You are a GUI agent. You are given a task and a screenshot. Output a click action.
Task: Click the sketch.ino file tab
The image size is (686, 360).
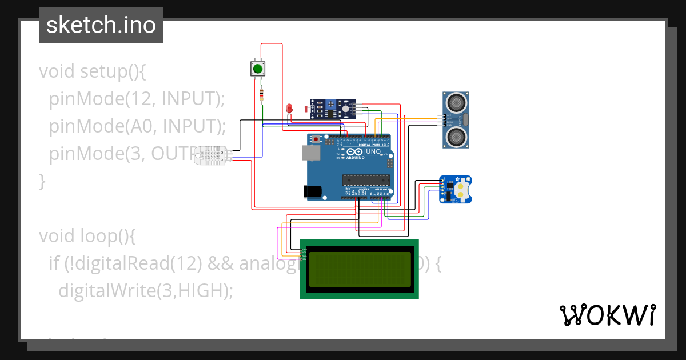tap(101, 25)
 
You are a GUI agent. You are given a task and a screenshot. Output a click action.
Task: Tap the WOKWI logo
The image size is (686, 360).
tap(607, 315)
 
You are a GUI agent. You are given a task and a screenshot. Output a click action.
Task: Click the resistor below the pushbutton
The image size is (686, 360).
tap(262, 95)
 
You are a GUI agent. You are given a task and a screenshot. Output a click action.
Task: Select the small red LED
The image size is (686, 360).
tap(289, 108)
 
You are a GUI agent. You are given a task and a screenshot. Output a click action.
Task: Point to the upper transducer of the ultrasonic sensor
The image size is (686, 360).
tap(456, 102)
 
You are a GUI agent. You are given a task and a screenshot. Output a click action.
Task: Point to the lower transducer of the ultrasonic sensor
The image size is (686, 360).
tap(456, 136)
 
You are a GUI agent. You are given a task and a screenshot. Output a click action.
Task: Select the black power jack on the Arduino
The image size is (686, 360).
tap(313, 191)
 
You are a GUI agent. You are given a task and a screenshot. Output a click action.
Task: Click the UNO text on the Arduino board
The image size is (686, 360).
tap(373, 152)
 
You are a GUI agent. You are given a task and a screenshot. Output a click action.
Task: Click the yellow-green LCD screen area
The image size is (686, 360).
tap(360, 269)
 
